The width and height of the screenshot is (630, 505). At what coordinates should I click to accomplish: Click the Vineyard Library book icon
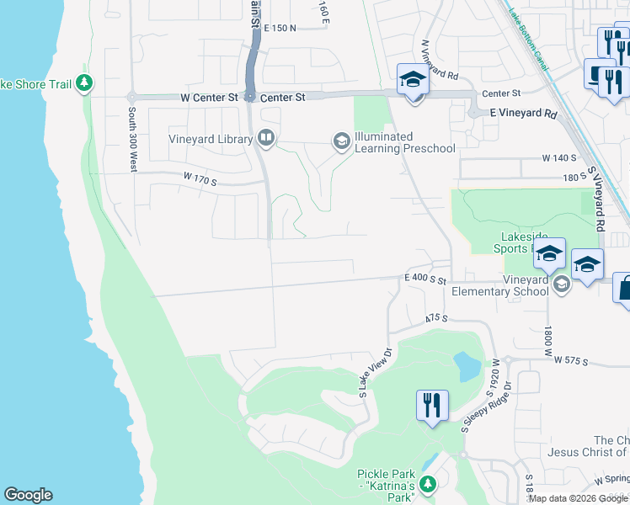tap(266, 138)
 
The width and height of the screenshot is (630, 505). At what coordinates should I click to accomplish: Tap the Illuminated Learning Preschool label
tap(404, 143)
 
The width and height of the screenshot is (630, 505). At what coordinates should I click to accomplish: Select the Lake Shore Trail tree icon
tap(83, 83)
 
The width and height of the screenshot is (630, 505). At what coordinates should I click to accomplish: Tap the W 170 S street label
tap(200, 178)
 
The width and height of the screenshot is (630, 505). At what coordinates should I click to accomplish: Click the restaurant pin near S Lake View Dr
tap(431, 406)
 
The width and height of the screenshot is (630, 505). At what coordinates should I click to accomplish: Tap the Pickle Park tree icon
tap(428, 484)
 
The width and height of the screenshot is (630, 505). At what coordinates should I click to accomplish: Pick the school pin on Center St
tap(413, 81)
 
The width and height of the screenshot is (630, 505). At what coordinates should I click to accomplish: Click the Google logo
tap(28, 495)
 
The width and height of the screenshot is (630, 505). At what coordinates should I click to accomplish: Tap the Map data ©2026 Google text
tap(578, 497)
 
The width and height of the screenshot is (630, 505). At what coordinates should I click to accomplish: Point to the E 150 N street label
tap(280, 28)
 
